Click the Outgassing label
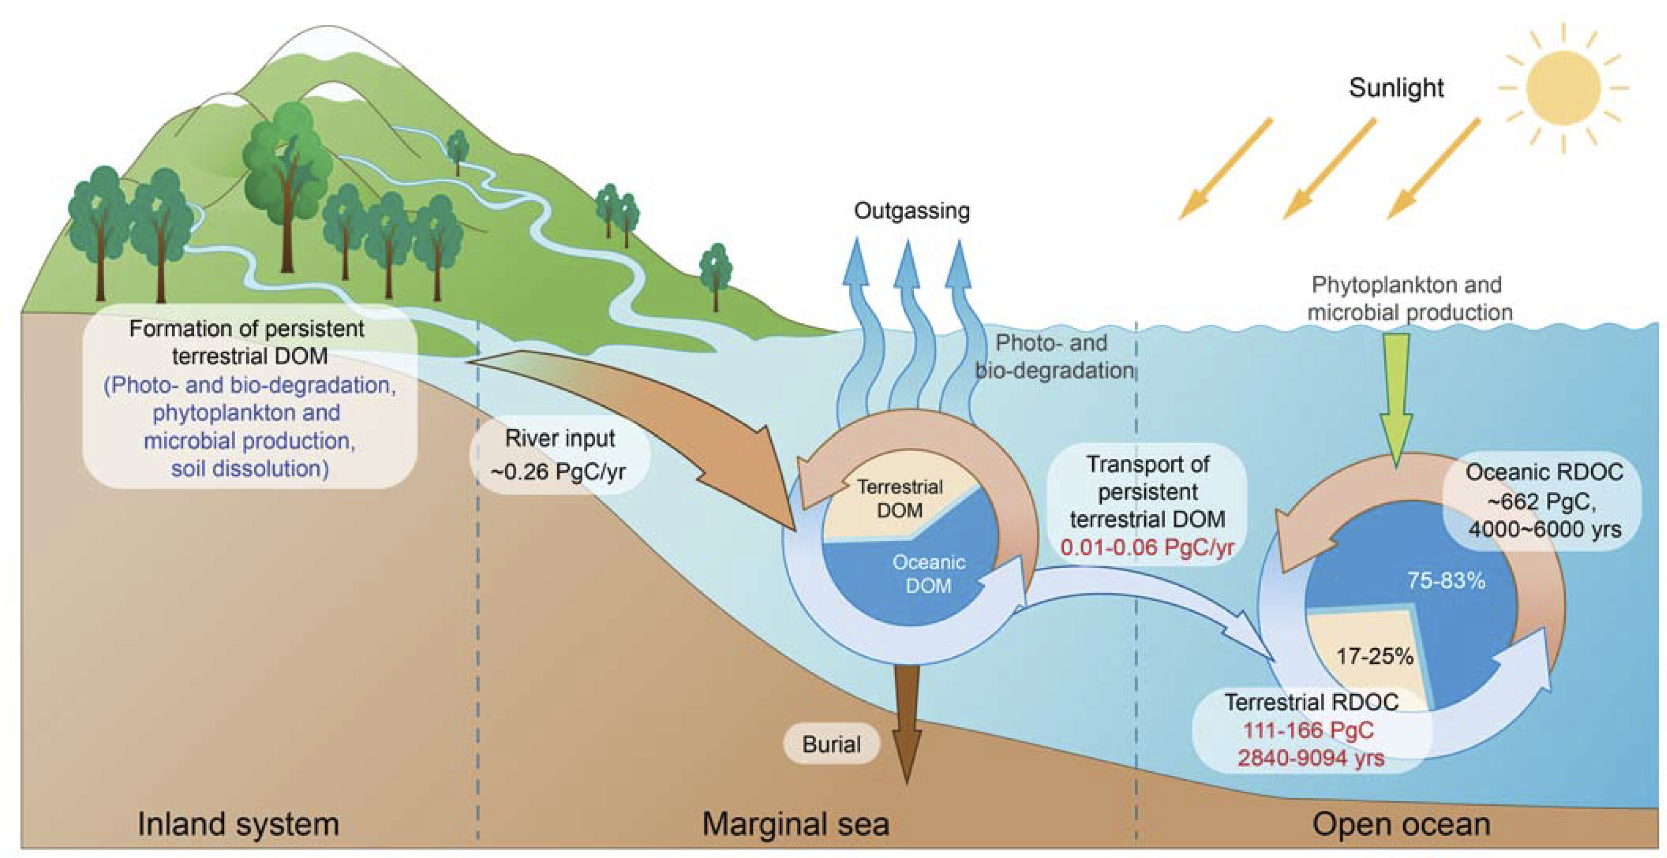pyautogui.click(x=912, y=211)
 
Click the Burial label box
pyautogui.click(x=831, y=744)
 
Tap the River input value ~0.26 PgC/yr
pyautogui.click(x=559, y=472)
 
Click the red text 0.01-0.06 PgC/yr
pyautogui.click(x=1147, y=547)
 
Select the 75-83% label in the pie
pyautogui.click(x=1446, y=581)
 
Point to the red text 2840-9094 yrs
pyautogui.click(x=1311, y=757)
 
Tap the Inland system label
pyautogui.click(x=238, y=824)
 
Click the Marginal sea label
pyautogui.click(x=795, y=824)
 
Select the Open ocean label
pyautogui.click(x=1401, y=824)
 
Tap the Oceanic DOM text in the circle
pyautogui.click(x=928, y=574)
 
